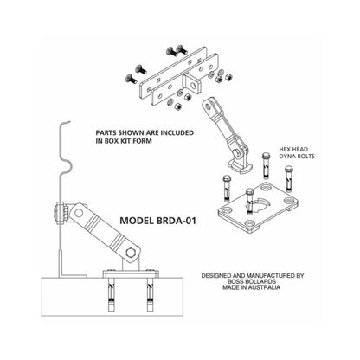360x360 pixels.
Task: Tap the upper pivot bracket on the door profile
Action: point(62,211)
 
